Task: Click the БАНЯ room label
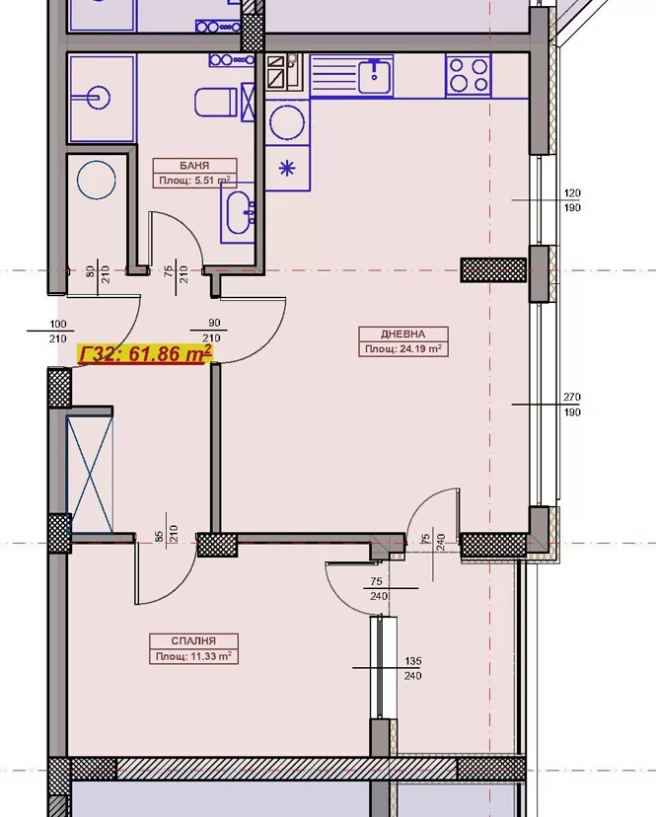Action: point(194,166)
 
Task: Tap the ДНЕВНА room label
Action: point(402,334)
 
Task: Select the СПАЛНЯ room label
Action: point(193,641)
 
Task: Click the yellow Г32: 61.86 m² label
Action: point(145,354)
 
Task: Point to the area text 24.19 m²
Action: point(420,348)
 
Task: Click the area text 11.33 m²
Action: point(211,656)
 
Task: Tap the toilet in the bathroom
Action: point(215,103)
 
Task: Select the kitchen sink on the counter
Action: point(375,76)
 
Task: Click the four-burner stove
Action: point(469,76)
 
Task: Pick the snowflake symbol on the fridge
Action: point(287,169)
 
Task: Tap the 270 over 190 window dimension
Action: point(571,405)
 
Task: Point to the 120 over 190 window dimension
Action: point(572,200)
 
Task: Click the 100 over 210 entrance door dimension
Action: point(58,332)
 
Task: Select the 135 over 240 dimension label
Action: point(412,668)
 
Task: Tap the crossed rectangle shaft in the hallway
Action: point(90,474)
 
